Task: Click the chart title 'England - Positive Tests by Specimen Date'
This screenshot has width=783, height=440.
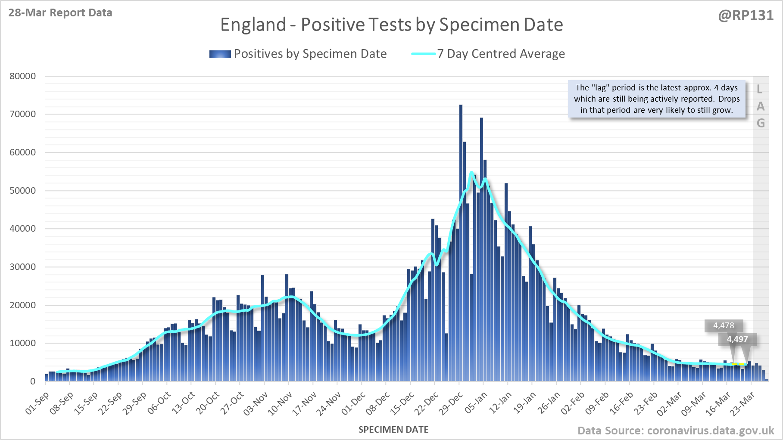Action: (391, 25)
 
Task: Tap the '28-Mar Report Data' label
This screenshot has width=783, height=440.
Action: (60, 13)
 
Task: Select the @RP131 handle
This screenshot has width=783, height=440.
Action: (746, 15)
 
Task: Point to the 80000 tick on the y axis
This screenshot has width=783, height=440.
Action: (23, 76)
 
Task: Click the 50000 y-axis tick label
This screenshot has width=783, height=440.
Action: (23, 191)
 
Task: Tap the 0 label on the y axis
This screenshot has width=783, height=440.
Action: (33, 381)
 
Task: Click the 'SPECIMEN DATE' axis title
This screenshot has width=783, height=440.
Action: (393, 430)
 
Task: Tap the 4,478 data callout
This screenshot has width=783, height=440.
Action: (724, 325)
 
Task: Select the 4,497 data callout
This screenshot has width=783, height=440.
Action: (737, 339)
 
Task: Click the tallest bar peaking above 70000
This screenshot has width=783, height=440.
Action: (461, 241)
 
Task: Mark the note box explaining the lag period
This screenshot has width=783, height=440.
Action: (657, 99)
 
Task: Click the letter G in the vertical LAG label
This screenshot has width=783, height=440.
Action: (761, 124)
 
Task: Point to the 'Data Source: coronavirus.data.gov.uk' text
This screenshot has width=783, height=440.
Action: (676, 431)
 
